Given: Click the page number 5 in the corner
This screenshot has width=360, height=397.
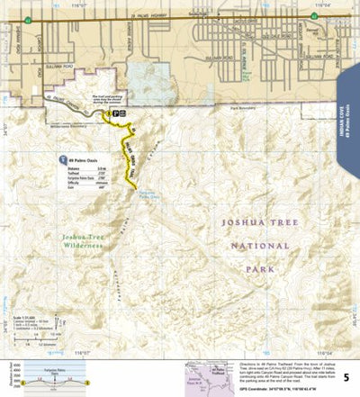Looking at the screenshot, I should [347, 383].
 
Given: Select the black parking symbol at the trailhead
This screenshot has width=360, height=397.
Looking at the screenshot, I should [118, 116].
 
